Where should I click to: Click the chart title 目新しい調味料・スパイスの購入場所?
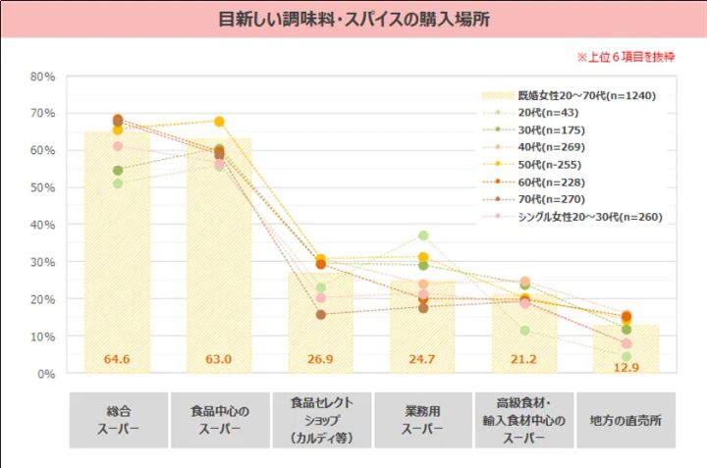tap(353, 19)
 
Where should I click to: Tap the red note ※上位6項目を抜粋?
tap(625, 57)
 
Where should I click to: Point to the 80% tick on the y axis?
tap(41, 77)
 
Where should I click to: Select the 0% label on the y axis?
tap(45, 374)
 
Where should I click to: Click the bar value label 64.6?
tap(117, 360)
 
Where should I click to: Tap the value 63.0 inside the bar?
tap(219, 360)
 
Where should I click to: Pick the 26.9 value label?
tap(320, 360)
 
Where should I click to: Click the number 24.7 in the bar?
tap(422, 360)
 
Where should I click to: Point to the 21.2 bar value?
tap(523, 360)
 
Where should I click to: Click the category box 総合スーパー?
tap(117, 421)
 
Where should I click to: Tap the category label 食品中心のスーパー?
tap(219, 421)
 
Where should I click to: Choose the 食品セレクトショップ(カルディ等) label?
tap(320, 421)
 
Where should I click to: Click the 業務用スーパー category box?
tap(422, 421)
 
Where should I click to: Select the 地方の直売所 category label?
tap(625, 421)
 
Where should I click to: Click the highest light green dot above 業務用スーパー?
tap(423, 236)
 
